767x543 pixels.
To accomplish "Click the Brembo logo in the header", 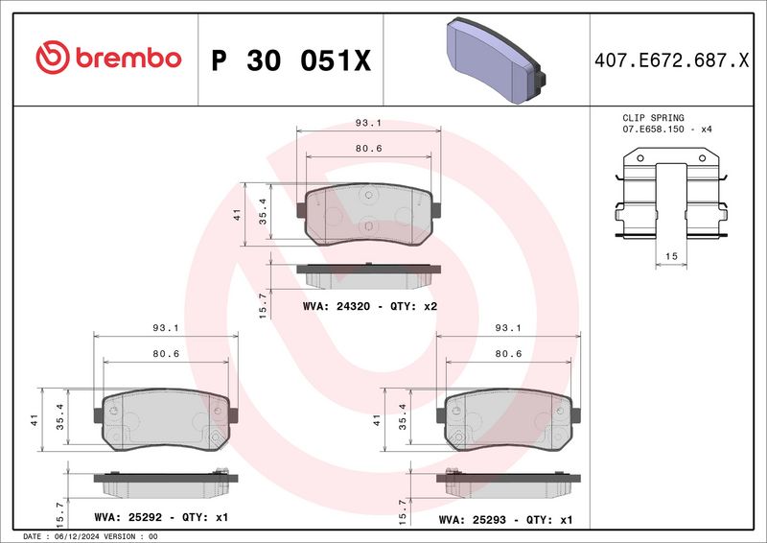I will point(107,59).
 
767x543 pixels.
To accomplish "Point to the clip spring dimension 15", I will point(671,255).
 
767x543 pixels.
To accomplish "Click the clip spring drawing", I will point(671,196).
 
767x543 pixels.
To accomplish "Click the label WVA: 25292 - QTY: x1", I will point(160,517).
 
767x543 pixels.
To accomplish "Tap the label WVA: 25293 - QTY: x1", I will point(504,519).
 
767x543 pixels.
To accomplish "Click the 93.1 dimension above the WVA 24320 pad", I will point(368,123).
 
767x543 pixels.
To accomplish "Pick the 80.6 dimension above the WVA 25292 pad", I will point(163,353).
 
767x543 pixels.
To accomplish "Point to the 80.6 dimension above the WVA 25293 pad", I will point(508,353).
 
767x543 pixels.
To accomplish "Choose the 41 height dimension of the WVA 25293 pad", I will point(377,420).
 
